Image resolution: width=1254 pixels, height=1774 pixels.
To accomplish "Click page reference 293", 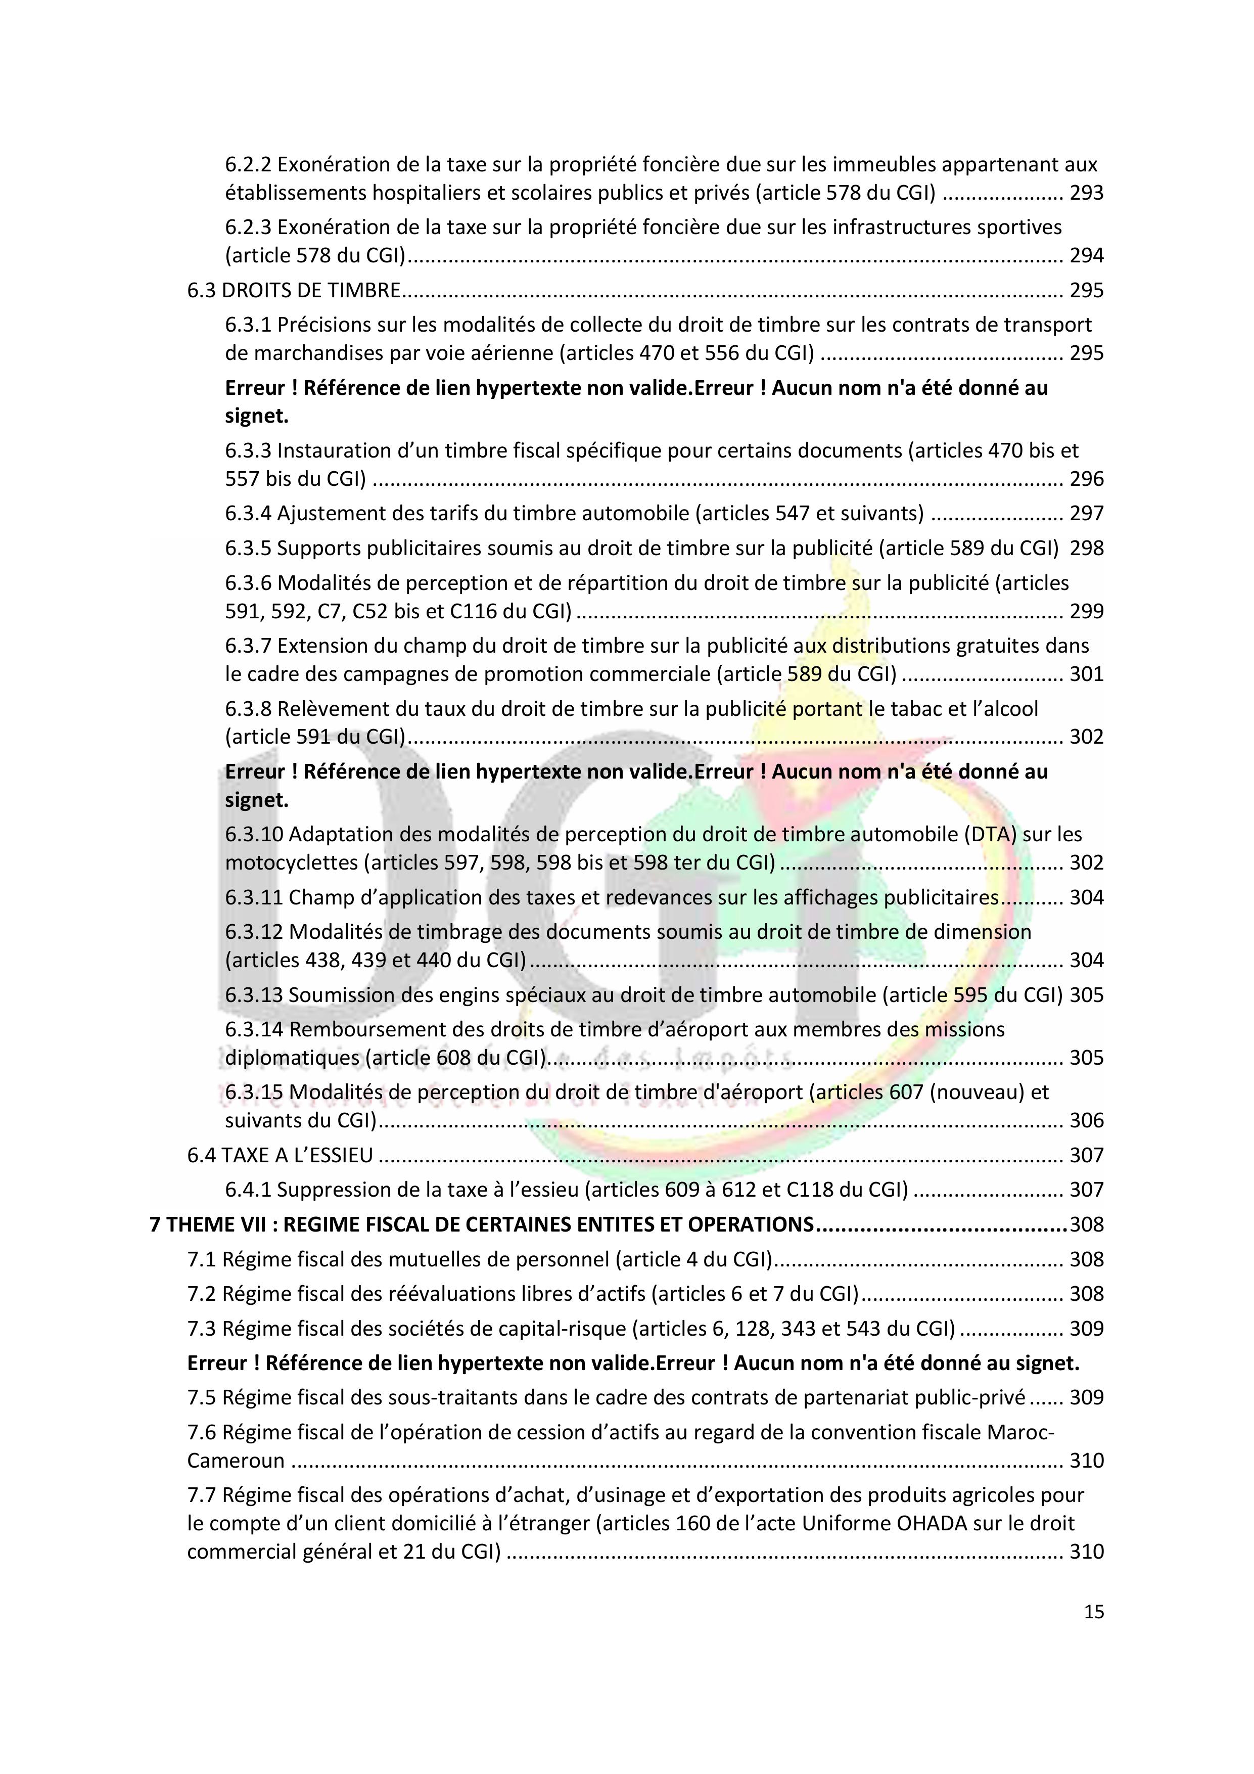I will point(1086,193).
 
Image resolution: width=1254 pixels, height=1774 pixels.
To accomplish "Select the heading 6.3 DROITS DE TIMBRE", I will point(294,291).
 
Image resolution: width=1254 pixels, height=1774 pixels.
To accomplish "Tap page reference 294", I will point(1086,256).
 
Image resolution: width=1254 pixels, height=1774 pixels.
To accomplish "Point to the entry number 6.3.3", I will point(248,450).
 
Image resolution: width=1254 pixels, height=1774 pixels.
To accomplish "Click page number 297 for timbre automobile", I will point(1086,514).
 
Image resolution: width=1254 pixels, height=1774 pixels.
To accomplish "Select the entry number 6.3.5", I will point(248,549).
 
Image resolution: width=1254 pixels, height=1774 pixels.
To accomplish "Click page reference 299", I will point(1086,612).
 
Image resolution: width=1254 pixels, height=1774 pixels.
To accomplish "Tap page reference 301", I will point(1086,674).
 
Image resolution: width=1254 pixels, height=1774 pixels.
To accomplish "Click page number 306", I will point(1086,1120).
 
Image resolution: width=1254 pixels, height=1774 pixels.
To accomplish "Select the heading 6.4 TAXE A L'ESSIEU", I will point(280,1156).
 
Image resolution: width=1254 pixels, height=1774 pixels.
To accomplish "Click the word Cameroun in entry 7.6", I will point(236,1461).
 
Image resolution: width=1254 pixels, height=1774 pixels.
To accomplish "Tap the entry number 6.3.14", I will point(254,1030).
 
